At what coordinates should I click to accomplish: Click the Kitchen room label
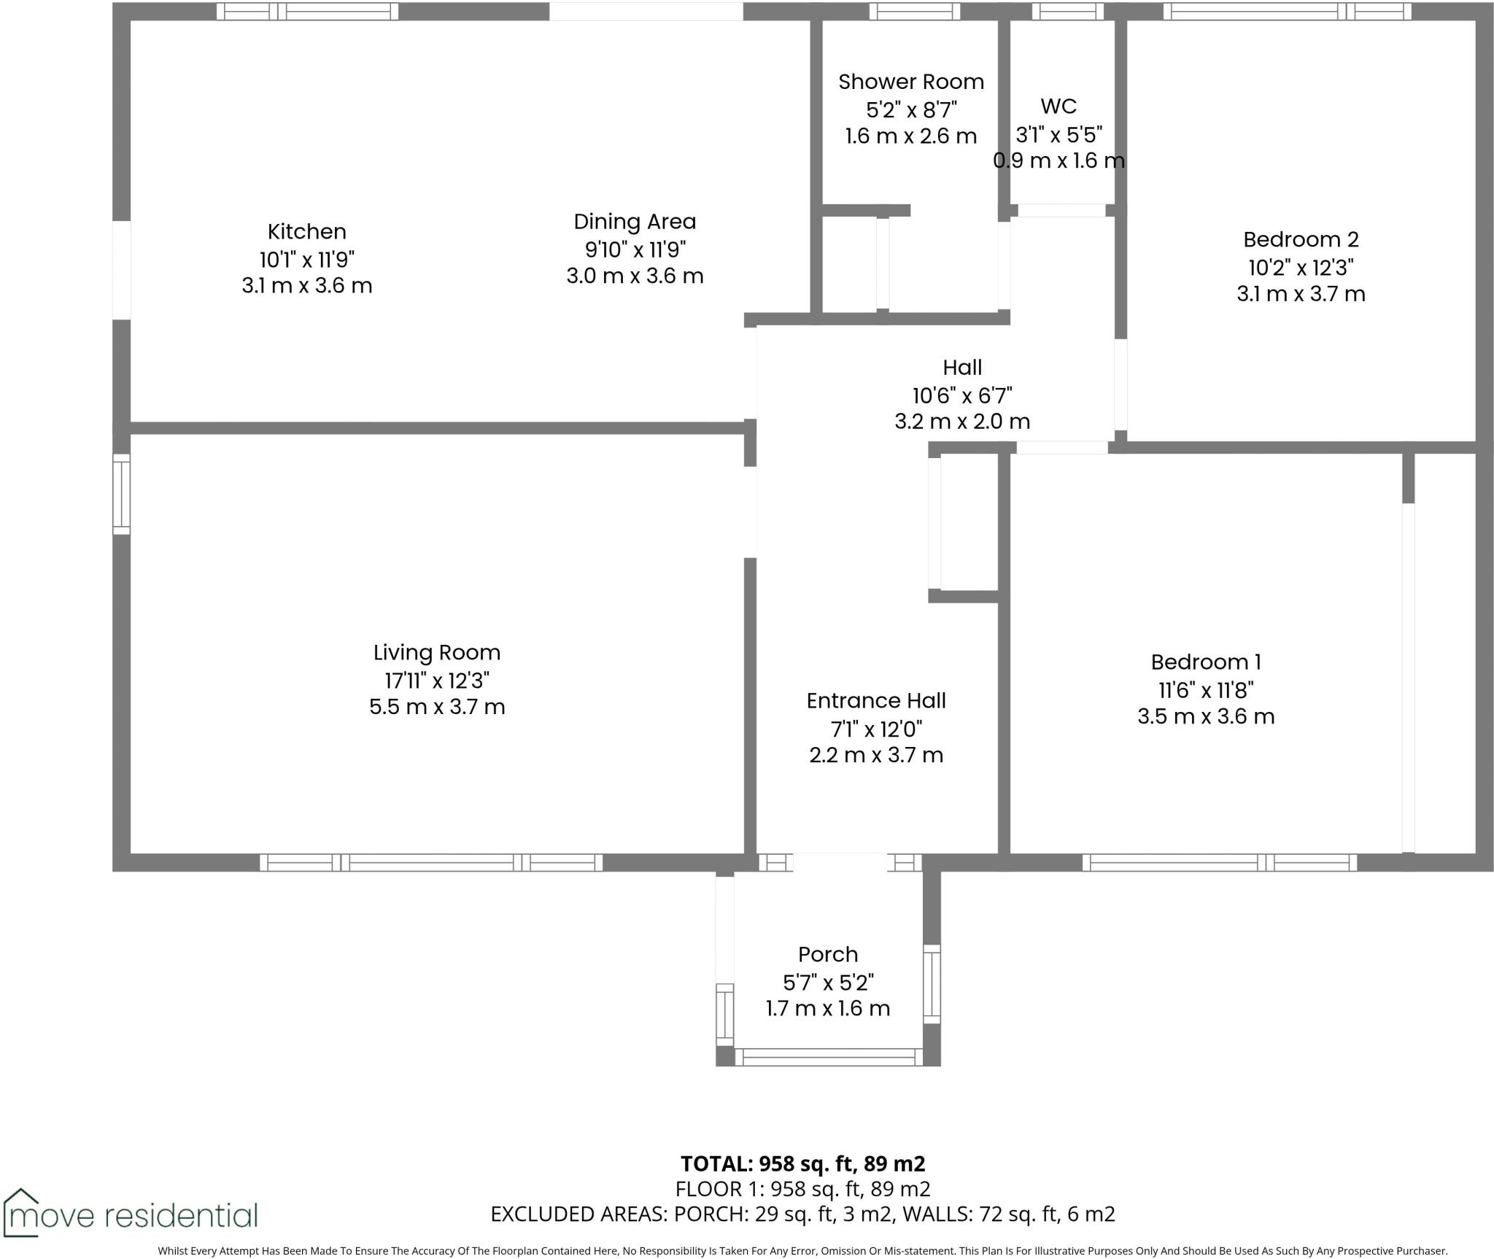tap(306, 232)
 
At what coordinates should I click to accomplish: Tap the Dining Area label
tap(635, 222)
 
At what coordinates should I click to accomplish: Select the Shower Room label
tap(911, 82)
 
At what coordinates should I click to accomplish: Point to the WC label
tap(1058, 106)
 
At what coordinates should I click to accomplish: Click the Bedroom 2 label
tap(1301, 239)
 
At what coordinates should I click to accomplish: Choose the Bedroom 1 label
tap(1206, 662)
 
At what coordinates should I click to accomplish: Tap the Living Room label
tap(437, 653)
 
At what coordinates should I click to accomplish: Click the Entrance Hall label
tap(876, 701)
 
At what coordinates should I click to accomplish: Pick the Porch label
tap(828, 955)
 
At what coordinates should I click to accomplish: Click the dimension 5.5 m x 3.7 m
tap(437, 707)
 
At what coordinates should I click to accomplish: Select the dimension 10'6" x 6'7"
tap(962, 395)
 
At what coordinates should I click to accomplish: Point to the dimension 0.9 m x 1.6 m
tap(1058, 160)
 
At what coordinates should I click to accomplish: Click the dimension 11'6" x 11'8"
tap(1206, 689)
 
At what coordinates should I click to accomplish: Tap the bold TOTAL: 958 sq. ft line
tap(802, 1163)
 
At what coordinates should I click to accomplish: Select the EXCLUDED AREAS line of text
tap(802, 1214)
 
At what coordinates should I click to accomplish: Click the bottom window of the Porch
tap(828, 1057)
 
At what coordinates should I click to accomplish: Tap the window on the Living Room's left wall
tap(121, 495)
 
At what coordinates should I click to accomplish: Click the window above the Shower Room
tap(914, 11)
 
